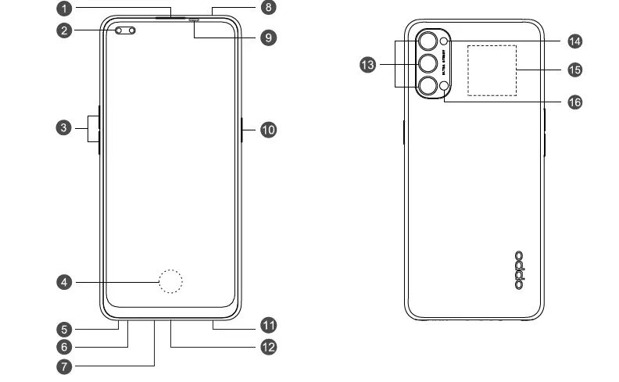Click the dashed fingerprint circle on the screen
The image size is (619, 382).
(170, 281)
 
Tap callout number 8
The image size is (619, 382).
(268, 9)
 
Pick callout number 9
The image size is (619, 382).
(268, 37)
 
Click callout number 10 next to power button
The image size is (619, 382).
(268, 129)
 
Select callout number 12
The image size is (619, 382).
(268, 346)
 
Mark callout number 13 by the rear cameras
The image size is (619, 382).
(367, 66)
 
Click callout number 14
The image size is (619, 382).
(575, 40)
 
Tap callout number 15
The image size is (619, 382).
(575, 70)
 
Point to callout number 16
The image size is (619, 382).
(575, 102)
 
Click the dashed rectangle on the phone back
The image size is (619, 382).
(492, 70)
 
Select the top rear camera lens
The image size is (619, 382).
(428, 41)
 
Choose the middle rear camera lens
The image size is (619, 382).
(428, 63)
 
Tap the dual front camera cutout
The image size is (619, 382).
(125, 31)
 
